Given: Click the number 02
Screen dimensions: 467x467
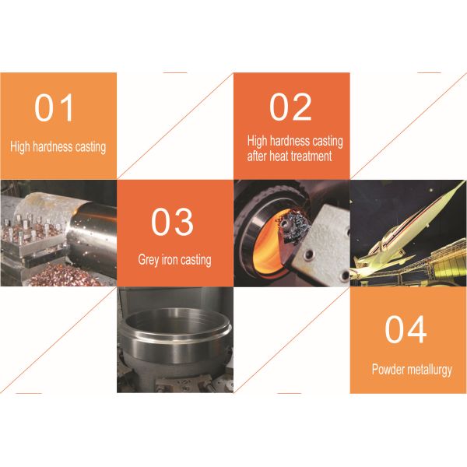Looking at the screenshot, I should (290, 107).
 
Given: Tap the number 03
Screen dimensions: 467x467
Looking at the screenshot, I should (172, 222).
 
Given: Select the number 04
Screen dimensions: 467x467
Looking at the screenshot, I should (406, 330).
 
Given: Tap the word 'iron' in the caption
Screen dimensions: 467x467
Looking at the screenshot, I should (172, 260).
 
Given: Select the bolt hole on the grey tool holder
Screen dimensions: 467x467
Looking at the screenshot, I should (313, 252).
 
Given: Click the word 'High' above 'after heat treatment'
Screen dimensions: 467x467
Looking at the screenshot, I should (258, 142).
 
